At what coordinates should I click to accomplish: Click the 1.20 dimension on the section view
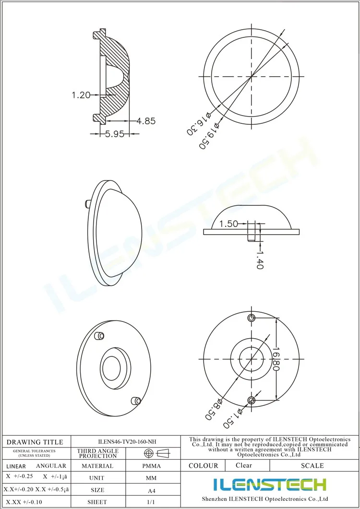[81, 95]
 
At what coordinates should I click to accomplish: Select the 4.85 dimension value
[146, 121]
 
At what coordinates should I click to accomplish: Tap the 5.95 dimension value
[115, 134]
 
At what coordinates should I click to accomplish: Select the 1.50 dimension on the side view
[229, 224]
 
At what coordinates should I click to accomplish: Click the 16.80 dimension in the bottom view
[276, 360]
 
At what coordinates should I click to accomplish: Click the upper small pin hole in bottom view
[252, 318]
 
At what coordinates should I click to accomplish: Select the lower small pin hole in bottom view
[252, 400]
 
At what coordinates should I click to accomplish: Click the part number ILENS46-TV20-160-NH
[126, 442]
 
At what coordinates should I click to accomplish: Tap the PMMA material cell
[151, 466]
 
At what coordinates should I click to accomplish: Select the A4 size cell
[151, 490]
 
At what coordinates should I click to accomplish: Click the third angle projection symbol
[157, 453]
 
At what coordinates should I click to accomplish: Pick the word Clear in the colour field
[244, 465]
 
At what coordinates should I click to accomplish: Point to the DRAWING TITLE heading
[35, 442]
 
